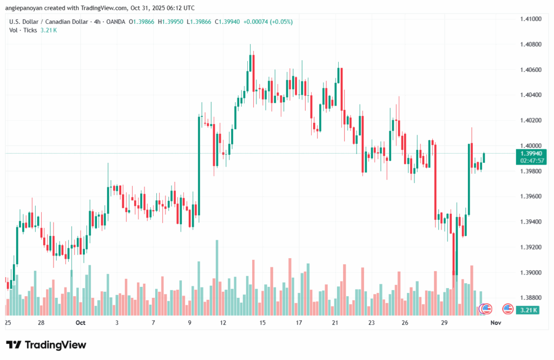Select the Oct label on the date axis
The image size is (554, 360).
[81, 323]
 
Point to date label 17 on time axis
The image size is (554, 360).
[299, 323]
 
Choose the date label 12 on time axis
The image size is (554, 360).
[223, 323]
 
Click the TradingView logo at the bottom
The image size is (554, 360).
[46, 345]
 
